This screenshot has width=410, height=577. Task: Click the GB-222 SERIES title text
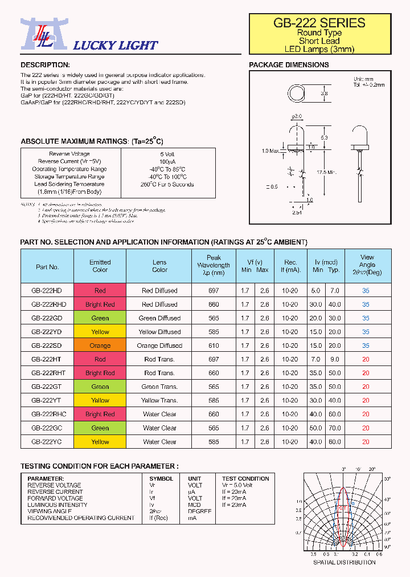click(319, 23)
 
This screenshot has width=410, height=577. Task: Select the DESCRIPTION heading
click(45, 65)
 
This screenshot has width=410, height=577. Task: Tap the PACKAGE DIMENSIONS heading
click(289, 65)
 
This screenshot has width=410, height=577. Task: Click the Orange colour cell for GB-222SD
click(100, 346)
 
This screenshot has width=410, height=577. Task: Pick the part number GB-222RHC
click(48, 414)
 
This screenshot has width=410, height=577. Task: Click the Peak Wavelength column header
click(214, 265)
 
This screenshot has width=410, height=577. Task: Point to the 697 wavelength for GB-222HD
click(214, 291)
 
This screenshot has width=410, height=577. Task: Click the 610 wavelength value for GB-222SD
click(214, 346)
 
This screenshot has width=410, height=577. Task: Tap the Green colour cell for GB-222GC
click(100, 428)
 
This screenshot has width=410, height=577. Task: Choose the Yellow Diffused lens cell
click(159, 332)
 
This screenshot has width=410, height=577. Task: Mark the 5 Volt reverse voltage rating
click(167, 154)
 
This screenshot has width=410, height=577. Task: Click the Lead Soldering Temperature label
click(69, 184)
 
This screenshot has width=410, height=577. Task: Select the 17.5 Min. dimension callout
click(327, 172)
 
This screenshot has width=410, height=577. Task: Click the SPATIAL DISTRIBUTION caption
click(344, 562)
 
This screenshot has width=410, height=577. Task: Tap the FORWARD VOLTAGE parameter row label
click(55, 498)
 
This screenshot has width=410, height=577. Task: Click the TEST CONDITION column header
click(245, 478)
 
